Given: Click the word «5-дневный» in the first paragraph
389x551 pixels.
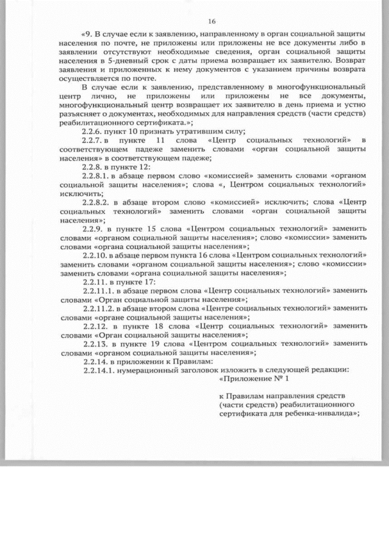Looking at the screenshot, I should coord(123,61).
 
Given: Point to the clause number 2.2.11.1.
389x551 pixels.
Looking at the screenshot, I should coord(98,291).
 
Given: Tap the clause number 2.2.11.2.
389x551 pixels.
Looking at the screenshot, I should coord(98,309).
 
